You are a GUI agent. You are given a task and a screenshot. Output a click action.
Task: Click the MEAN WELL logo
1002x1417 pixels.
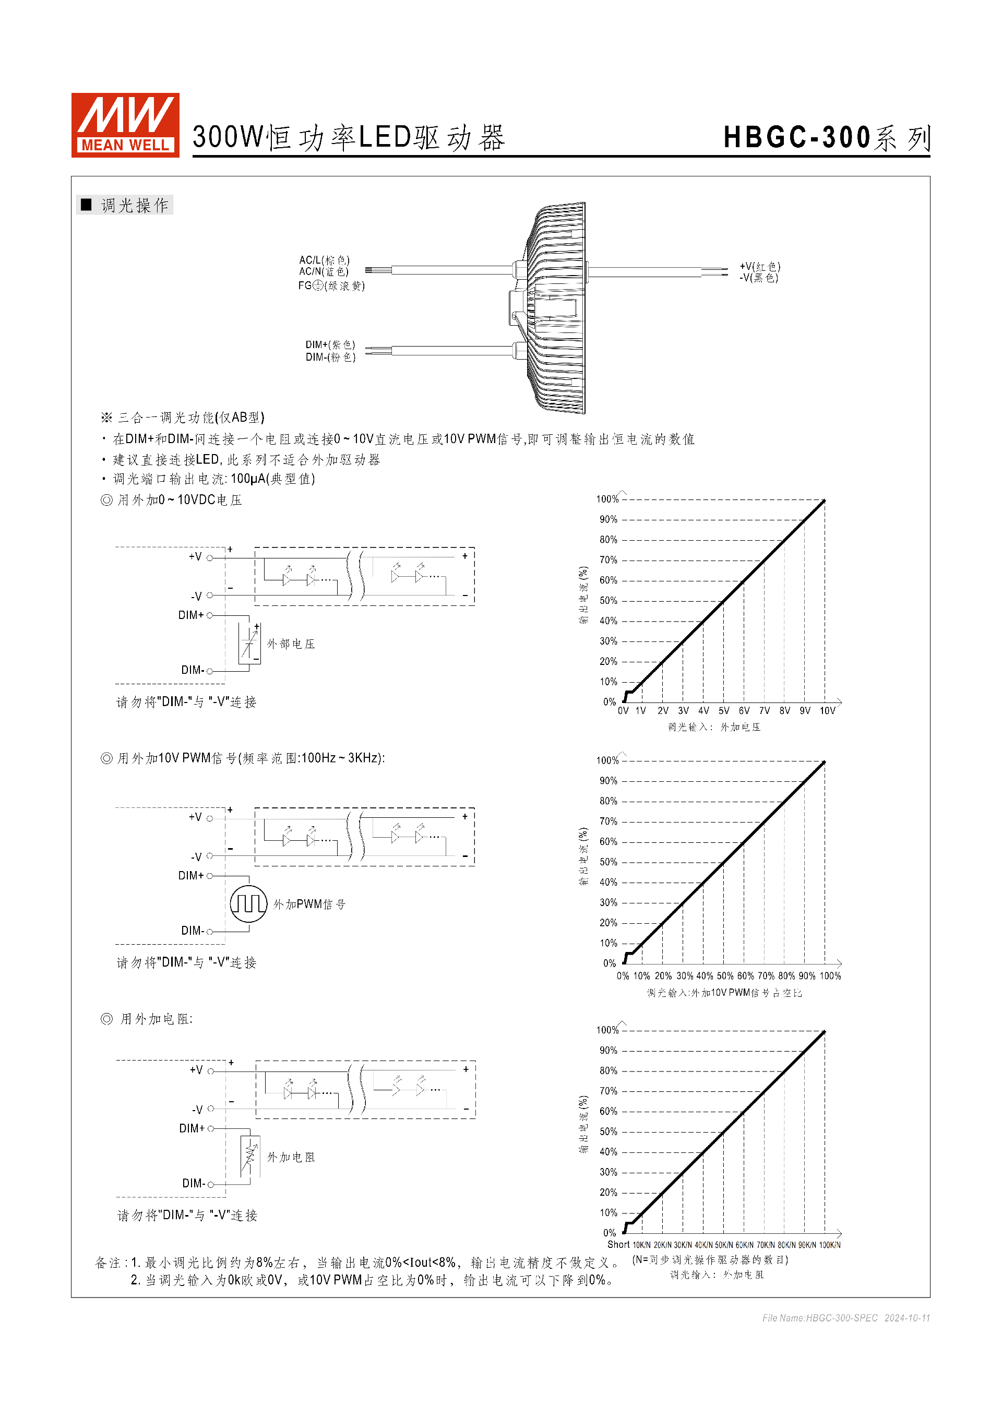[x=125, y=125]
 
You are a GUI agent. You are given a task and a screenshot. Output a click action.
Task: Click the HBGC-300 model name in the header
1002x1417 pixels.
[x=796, y=137]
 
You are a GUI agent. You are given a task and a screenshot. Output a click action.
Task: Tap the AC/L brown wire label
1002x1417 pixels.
[x=324, y=260]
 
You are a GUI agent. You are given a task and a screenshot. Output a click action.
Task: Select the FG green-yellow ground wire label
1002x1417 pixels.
[x=331, y=285]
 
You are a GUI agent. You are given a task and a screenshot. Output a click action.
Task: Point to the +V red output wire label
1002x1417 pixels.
[x=759, y=267]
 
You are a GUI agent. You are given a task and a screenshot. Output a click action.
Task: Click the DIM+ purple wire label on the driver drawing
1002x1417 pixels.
[x=330, y=344]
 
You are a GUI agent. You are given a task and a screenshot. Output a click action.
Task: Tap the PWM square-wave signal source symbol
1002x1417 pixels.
[x=248, y=903]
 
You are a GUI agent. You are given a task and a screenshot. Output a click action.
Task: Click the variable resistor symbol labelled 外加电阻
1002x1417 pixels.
[x=250, y=1156]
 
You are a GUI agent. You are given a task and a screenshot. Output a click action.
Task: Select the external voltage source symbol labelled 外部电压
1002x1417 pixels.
[x=250, y=643]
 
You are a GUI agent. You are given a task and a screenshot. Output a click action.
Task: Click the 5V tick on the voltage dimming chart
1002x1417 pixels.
[x=724, y=711]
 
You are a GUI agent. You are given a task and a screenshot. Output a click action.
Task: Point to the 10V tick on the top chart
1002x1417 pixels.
[x=827, y=711]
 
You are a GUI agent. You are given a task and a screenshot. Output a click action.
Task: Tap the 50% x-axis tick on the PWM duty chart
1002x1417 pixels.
[x=725, y=976]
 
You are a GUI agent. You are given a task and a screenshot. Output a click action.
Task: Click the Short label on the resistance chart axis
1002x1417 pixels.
[x=618, y=1245]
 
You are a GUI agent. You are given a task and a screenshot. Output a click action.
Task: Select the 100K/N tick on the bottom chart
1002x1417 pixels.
[x=829, y=1245]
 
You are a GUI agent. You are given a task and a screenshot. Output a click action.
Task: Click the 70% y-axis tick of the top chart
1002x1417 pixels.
[x=608, y=560]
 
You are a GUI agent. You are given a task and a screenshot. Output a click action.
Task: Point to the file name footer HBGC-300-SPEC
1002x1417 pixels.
[x=819, y=1318]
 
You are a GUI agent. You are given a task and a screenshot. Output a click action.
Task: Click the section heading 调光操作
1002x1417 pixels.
[x=135, y=206]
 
